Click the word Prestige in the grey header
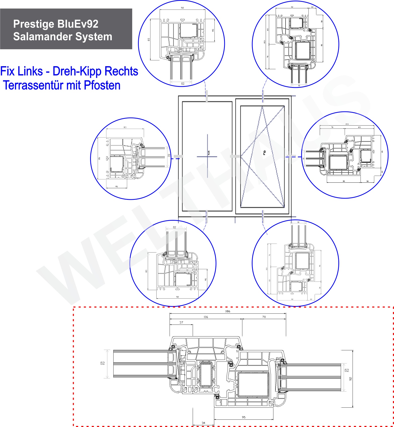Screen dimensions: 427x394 (33, 24)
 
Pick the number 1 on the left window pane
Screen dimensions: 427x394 (209, 152)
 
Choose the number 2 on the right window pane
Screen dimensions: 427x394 (264, 152)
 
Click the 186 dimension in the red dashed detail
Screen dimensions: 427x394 (228, 311)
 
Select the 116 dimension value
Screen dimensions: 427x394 (206, 317)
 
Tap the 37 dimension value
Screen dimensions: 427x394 (181, 322)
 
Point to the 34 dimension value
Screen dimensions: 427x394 (203, 423)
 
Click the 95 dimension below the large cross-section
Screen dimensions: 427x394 (243, 417)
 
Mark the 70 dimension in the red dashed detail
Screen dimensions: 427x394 (264, 317)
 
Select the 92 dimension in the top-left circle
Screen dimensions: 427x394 (182, 8)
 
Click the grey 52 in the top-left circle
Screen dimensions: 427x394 (183, 84)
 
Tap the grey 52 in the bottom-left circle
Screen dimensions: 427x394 (174, 227)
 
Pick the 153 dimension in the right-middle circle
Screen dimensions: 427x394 (347, 124)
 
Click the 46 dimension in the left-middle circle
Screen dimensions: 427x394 (117, 186)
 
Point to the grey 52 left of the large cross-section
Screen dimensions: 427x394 (102, 363)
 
